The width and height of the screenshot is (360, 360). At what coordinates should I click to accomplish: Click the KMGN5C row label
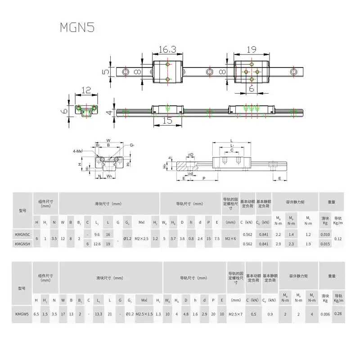pyautogui.click(x=23, y=234)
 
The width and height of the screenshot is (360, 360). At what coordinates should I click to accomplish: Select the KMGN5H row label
pyautogui.click(x=23, y=243)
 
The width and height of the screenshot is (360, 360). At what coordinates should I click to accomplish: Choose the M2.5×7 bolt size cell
pyautogui.click(x=236, y=315)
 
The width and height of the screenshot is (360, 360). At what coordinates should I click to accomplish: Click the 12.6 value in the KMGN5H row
pyautogui.click(x=97, y=243)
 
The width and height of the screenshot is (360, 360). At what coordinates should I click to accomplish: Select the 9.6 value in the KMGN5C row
pyautogui.click(x=97, y=234)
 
